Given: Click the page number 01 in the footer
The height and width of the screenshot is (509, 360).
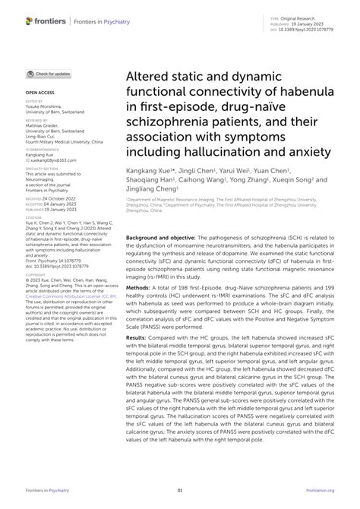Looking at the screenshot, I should pyautogui.click(x=180, y=492).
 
